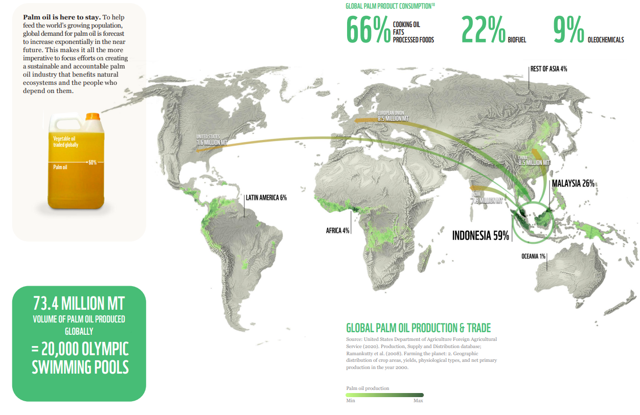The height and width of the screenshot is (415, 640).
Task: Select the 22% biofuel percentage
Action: (483, 30)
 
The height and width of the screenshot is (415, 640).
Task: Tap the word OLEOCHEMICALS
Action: (606, 40)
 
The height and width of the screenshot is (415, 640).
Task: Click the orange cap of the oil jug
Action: (93, 117)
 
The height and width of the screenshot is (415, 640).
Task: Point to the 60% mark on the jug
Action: (93, 163)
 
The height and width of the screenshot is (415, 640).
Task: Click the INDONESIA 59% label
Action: (481, 236)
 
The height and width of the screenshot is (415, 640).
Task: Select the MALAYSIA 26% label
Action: (573, 183)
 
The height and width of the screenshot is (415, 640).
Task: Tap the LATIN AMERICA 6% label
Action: (266, 197)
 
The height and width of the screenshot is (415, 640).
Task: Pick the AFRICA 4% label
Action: (337, 230)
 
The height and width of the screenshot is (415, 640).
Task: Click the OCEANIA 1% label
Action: (534, 256)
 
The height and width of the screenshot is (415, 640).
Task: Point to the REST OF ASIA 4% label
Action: (548, 68)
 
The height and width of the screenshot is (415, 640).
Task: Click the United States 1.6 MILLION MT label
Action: (212, 140)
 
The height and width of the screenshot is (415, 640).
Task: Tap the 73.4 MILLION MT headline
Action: (79, 303)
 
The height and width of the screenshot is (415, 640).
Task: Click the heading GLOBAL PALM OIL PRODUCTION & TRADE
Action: (418, 328)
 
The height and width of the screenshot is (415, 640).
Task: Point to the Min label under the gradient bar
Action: (350, 400)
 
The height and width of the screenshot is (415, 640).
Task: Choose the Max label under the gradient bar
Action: (418, 400)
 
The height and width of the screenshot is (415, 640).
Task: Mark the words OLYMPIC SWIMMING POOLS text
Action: (80, 358)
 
